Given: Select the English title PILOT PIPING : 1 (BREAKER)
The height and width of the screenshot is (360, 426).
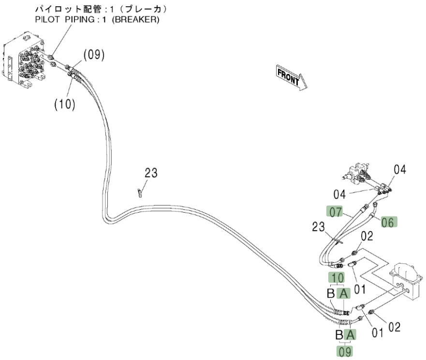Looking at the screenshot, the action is pyautogui.click(x=97, y=19).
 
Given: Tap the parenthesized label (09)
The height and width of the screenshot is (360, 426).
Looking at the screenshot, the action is pyautogui.click(x=94, y=55).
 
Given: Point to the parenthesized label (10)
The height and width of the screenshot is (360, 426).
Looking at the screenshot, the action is pyautogui.click(x=65, y=104).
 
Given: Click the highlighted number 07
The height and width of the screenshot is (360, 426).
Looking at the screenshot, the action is pyautogui.click(x=336, y=212).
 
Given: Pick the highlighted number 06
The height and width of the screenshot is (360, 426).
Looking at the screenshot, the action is pyautogui.click(x=388, y=222).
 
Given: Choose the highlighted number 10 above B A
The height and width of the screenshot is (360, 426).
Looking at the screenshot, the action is pyautogui.click(x=337, y=278).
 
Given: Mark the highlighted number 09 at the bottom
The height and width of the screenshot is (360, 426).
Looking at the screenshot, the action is pyautogui.click(x=344, y=352).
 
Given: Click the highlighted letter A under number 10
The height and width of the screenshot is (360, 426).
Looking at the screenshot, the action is pyautogui.click(x=344, y=293).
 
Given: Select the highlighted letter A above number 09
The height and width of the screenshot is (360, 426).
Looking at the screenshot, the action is pyautogui.click(x=350, y=335).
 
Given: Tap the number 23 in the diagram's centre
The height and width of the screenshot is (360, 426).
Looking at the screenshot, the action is pyautogui.click(x=151, y=173).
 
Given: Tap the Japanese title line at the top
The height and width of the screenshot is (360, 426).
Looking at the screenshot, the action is pyautogui.click(x=101, y=9).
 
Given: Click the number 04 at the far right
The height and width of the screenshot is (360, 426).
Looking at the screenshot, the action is pyautogui.click(x=400, y=170).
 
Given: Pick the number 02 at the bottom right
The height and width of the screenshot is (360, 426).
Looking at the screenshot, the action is pyautogui.click(x=395, y=327).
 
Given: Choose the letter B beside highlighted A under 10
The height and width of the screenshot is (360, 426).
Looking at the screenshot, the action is pyautogui.click(x=331, y=293).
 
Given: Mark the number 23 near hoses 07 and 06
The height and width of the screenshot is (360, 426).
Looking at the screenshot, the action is pyautogui.click(x=319, y=227).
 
